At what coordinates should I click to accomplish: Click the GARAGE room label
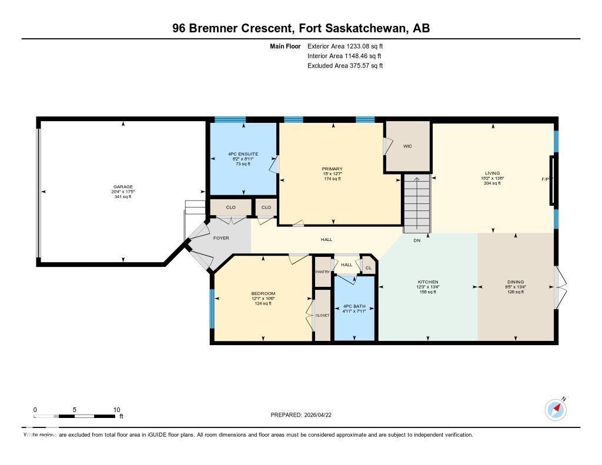tap(122, 187)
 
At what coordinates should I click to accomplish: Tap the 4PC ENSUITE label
tap(243, 155)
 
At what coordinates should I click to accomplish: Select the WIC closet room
tap(407, 146)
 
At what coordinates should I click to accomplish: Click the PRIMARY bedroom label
tap(333, 169)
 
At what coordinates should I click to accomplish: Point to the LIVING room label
tap(492, 173)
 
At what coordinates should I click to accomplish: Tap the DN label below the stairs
tap(417, 240)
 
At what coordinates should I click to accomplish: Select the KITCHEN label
tap(427, 282)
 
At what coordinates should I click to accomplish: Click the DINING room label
tap(516, 282)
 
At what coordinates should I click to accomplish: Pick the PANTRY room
tap(323, 272)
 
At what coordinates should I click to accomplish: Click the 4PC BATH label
tap(354, 306)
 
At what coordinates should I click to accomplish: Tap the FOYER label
tap(221, 238)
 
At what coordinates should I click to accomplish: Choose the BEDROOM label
tap(263, 294)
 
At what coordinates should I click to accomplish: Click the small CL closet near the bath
tap(369, 268)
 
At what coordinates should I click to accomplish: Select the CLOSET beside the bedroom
tap(322, 315)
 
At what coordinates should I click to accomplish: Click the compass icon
tap(556, 409)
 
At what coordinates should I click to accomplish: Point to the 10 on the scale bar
tap(117, 410)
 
